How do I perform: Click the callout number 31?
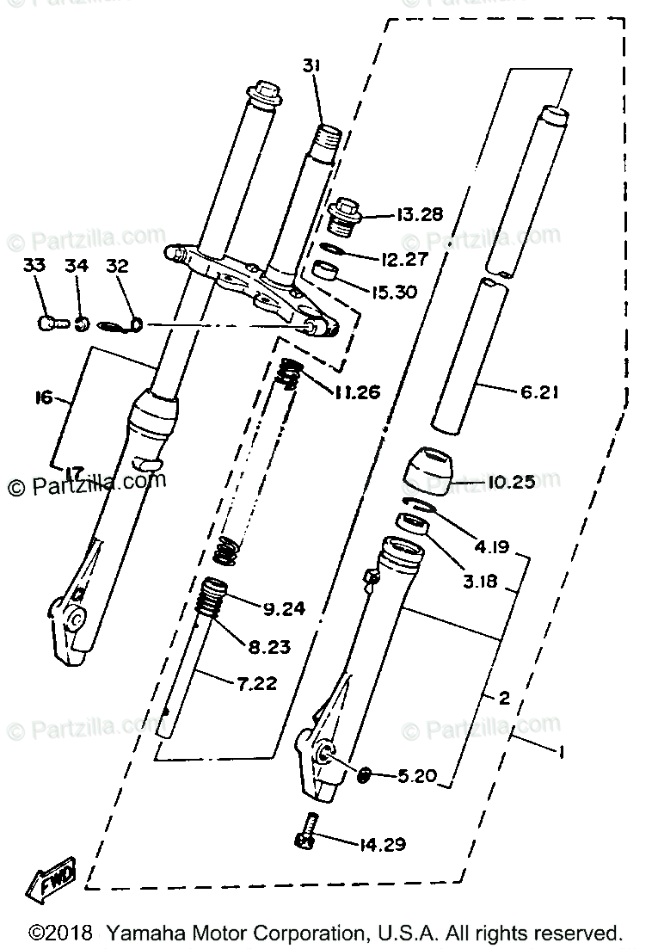pos(311,65)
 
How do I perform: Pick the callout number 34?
pos(77,267)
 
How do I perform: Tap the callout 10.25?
pos(511,482)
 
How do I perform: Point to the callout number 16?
pos(43,397)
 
